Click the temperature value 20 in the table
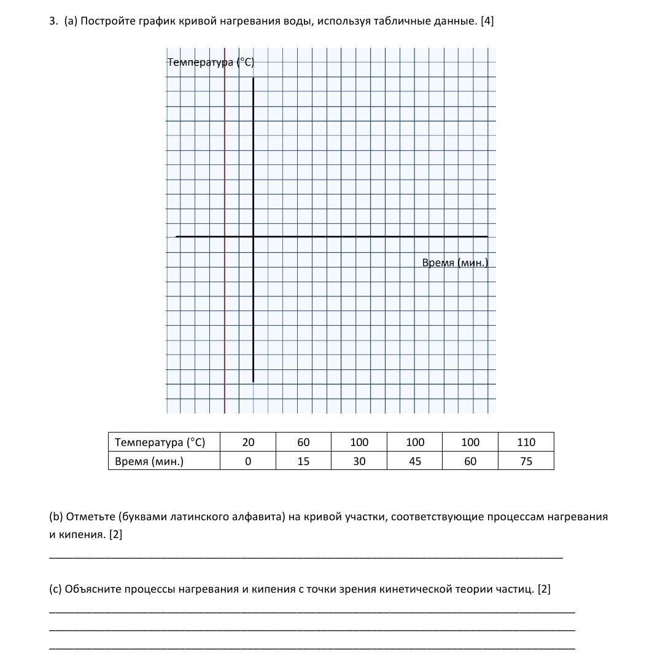pos(248,442)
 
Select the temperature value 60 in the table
pos(303,442)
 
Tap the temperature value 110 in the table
pos(526,442)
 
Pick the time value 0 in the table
pos(248,461)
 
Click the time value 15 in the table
pos(303,461)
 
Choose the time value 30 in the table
pos(359,461)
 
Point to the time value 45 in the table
pos(415,461)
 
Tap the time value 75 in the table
pos(526,461)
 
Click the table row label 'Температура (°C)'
pos(160,442)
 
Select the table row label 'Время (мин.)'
pos(149,461)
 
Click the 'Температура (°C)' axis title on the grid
pos(211,62)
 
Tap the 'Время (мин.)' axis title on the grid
pos(455,263)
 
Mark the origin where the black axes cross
pos(253,236)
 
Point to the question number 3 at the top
pos(52,21)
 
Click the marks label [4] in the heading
pos(487,21)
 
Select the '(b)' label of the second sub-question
pos(56,517)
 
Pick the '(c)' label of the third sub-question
pos(56,590)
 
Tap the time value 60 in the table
pos(470,461)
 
